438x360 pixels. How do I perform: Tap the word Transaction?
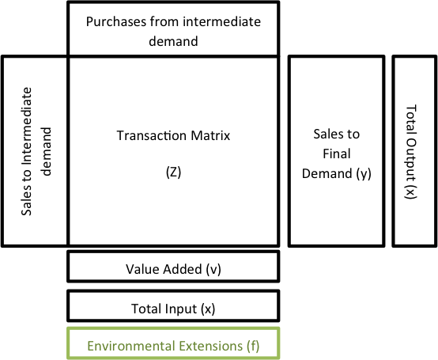coord(151,135)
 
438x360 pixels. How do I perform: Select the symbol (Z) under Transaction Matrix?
coord(173,172)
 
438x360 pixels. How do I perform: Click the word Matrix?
coord(210,135)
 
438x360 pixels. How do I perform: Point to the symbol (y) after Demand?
coord(364,174)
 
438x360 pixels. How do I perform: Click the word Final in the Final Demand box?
coord(337,153)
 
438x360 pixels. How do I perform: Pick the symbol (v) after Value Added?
coord(213,270)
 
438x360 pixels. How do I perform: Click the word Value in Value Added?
coord(142,269)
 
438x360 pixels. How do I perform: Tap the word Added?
coord(183,269)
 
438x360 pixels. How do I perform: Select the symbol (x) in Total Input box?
coord(208,309)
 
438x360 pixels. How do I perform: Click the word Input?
coord(181,309)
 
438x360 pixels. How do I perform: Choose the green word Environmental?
coord(130,346)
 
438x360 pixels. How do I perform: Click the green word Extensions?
coord(210,346)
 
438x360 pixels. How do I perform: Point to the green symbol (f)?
coord(253,346)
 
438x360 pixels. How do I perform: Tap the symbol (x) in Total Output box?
coord(410,192)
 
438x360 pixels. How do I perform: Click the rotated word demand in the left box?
coord(46,151)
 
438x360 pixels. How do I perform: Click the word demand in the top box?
coord(173,41)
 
